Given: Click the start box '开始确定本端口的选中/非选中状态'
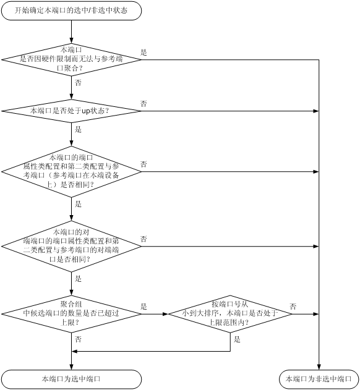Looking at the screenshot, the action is point(72,11).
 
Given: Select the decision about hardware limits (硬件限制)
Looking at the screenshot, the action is point(72,60).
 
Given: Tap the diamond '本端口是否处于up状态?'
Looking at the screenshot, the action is point(72,111).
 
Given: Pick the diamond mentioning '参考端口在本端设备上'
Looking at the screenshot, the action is point(72,172).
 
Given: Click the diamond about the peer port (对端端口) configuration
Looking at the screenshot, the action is point(72,246).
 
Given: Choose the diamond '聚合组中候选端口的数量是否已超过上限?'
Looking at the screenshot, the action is point(72,314).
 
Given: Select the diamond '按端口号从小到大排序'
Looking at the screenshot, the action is point(230,314).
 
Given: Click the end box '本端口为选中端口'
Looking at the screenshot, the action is point(72,379).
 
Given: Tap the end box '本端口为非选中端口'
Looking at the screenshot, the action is point(319,379).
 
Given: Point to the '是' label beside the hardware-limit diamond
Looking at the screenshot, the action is point(144,53).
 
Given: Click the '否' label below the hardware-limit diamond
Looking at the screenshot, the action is point(78,83).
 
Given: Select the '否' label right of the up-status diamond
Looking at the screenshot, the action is point(144,103).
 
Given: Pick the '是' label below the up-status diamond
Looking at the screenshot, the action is point(78,129).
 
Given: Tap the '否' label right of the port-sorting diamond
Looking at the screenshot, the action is point(293,307).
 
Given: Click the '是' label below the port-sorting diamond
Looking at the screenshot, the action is point(237,339).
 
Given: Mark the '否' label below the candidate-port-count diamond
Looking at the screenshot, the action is point(78,339).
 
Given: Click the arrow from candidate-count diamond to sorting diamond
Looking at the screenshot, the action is point(155,314).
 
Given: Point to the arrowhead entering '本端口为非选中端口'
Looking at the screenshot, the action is point(319,367).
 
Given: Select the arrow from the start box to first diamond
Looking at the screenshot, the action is point(72,32).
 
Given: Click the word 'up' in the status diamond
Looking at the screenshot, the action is point(86,111).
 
